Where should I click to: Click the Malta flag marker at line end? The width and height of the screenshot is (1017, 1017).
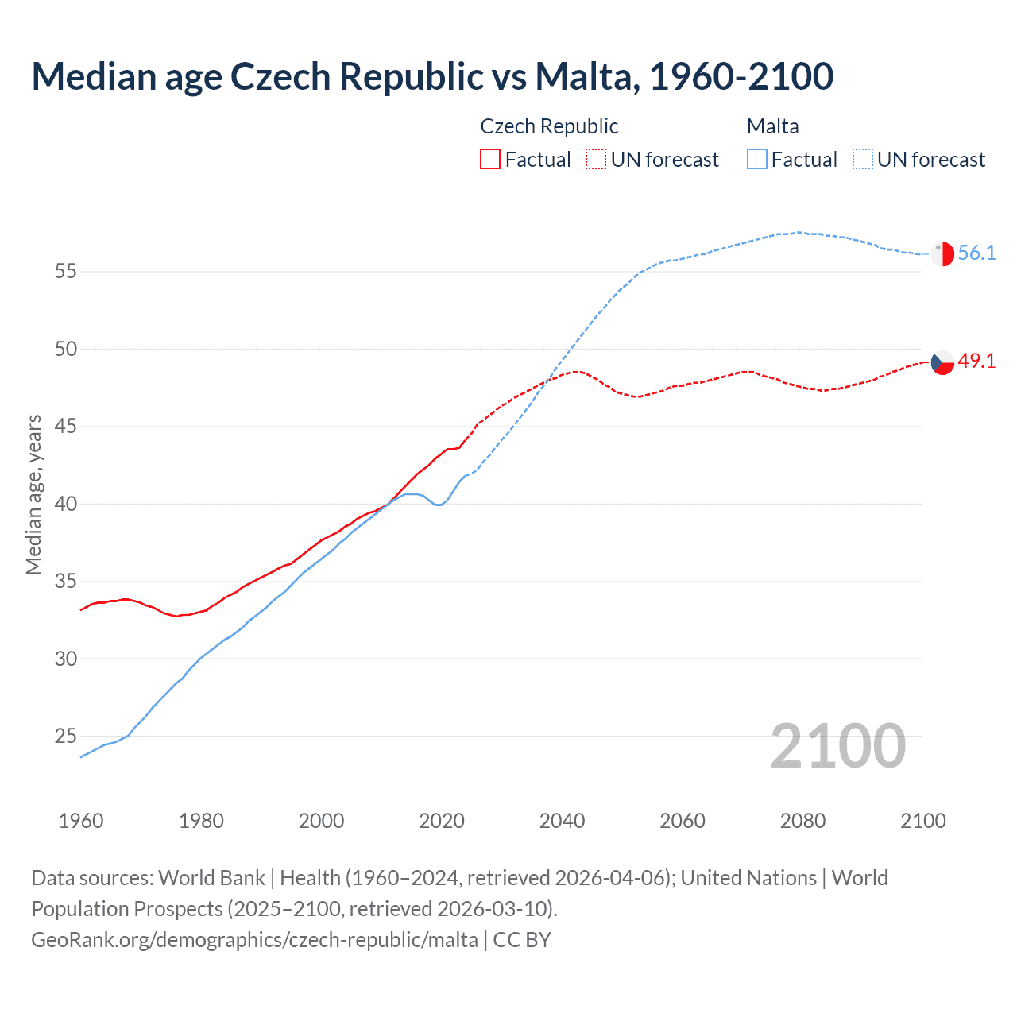[x=942, y=254]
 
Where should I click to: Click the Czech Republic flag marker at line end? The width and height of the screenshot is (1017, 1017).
[x=942, y=362]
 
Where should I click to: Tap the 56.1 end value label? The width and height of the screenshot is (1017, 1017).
[x=976, y=253]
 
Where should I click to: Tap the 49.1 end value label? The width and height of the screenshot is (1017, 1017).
[x=976, y=362]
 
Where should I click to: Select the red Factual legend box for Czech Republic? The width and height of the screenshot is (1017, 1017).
[x=490, y=160]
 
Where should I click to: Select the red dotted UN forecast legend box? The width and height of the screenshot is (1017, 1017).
[x=596, y=160]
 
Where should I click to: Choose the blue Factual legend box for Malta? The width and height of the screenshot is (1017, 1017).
[x=757, y=160]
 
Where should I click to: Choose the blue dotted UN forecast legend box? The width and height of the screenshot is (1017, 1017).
[x=862, y=160]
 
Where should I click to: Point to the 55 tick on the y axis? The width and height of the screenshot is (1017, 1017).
[x=66, y=272]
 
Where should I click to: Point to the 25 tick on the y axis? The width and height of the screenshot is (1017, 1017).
[x=66, y=737]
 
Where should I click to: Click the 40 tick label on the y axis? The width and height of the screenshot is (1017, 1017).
[x=66, y=505]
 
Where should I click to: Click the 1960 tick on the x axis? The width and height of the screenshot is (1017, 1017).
[x=81, y=821]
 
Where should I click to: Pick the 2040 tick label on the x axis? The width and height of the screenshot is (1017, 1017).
[x=562, y=821]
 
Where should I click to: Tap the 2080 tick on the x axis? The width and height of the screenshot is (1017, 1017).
[x=802, y=821]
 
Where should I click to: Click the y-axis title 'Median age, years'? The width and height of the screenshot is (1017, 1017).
[x=33, y=494]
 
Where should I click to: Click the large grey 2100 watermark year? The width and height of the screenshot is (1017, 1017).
[x=837, y=746]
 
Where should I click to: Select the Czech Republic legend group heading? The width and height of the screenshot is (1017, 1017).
[x=549, y=126]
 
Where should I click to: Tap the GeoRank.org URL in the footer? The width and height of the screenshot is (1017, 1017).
[x=254, y=940]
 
